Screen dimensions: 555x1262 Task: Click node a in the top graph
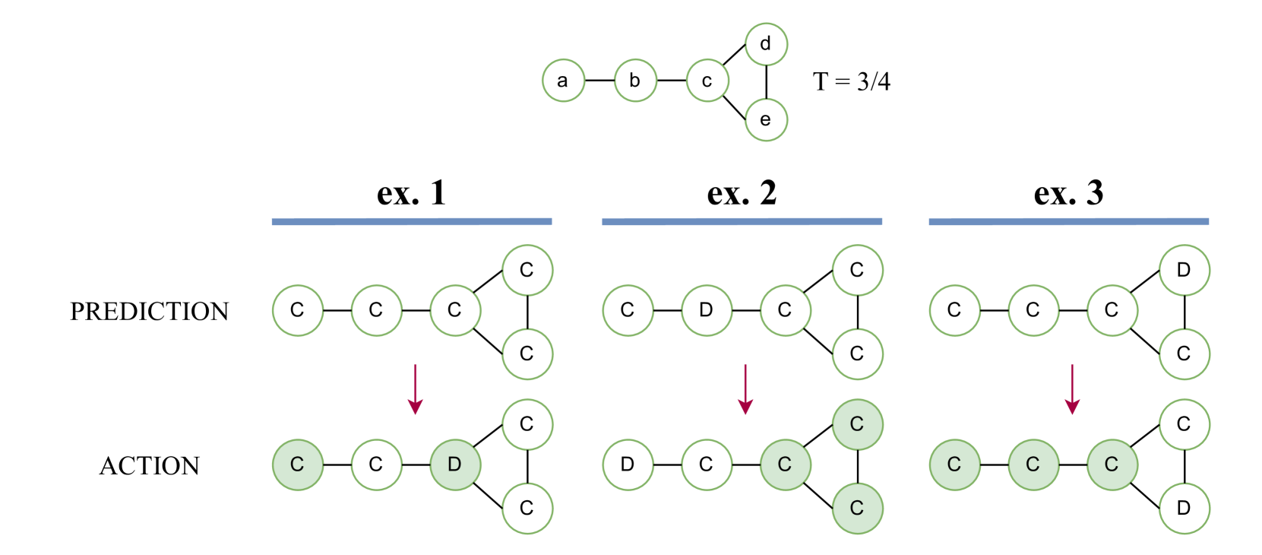(x=563, y=81)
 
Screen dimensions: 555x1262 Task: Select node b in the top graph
(x=635, y=81)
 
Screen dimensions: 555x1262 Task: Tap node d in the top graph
(x=766, y=44)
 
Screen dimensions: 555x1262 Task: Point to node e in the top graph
(x=766, y=119)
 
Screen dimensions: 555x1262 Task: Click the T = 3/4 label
(x=851, y=81)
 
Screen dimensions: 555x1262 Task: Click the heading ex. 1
(x=411, y=193)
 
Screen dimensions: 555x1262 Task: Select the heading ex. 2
(x=742, y=193)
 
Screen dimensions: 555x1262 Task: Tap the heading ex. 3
(x=1068, y=193)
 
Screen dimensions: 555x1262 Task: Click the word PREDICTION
(x=149, y=312)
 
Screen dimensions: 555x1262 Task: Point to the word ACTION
(x=149, y=466)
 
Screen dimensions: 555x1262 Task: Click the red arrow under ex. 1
(x=415, y=388)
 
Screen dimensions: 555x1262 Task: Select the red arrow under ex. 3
(x=1072, y=388)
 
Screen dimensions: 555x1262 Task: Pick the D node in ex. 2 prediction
(x=706, y=310)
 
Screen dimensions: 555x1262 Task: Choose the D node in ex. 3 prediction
(x=1184, y=270)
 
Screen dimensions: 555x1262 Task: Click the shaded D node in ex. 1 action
(x=454, y=465)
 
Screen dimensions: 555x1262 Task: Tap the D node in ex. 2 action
(x=627, y=465)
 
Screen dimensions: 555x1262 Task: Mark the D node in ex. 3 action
(x=1184, y=508)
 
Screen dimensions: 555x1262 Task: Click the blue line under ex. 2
(x=742, y=221)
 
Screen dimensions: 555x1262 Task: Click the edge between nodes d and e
(x=766, y=82)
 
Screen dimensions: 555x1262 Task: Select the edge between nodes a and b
(x=599, y=81)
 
